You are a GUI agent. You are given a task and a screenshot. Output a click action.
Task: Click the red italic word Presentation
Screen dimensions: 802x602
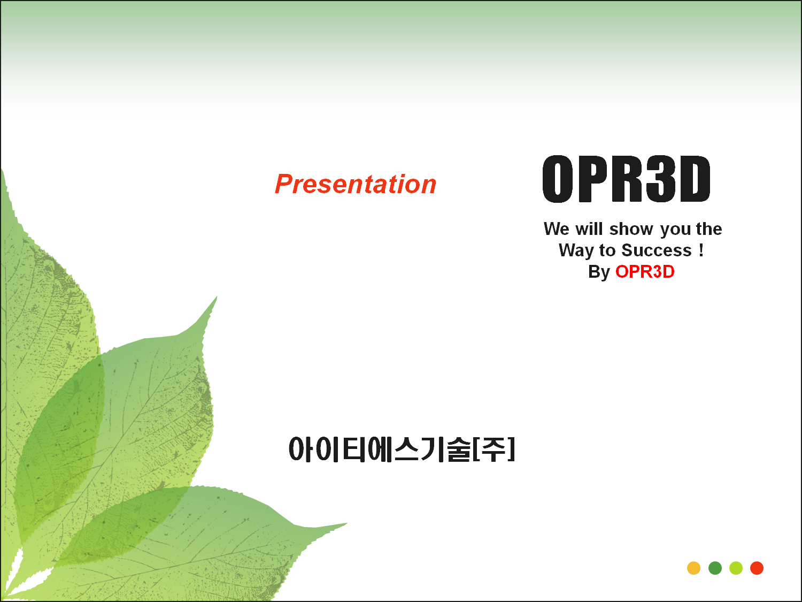pos(356,184)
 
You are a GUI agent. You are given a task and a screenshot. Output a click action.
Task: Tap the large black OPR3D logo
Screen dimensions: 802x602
pos(626,178)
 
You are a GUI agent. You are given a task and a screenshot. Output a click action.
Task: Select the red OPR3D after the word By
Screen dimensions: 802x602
pos(645,272)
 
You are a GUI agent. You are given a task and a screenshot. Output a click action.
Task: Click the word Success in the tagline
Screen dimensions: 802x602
pos(657,250)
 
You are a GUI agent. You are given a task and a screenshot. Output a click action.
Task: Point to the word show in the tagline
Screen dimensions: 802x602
pos(631,229)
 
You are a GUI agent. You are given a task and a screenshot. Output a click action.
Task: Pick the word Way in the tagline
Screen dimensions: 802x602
pos(576,251)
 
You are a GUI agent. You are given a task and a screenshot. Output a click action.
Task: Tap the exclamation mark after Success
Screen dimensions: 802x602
pos(701,250)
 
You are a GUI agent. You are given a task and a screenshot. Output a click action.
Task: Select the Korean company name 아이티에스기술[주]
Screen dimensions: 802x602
pos(402,449)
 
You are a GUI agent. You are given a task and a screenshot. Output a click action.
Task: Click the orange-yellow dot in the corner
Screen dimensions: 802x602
pos(693,568)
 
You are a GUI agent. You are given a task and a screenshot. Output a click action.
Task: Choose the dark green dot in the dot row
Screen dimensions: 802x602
pos(715,568)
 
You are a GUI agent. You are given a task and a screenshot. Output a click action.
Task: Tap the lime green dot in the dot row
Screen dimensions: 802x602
pos(736,568)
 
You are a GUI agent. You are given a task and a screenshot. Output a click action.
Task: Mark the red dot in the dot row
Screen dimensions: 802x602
pos(757,568)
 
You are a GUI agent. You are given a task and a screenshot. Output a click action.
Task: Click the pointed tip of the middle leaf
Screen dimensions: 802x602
pos(217,296)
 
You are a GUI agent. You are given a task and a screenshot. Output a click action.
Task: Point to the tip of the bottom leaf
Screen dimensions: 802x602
pos(347,524)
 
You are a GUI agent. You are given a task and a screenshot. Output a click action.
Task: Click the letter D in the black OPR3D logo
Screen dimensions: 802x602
pos(695,179)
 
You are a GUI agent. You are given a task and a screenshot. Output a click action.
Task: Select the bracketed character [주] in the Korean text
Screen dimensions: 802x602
pos(494,449)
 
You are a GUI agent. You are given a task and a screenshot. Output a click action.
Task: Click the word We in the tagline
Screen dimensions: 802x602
pos(557,229)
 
